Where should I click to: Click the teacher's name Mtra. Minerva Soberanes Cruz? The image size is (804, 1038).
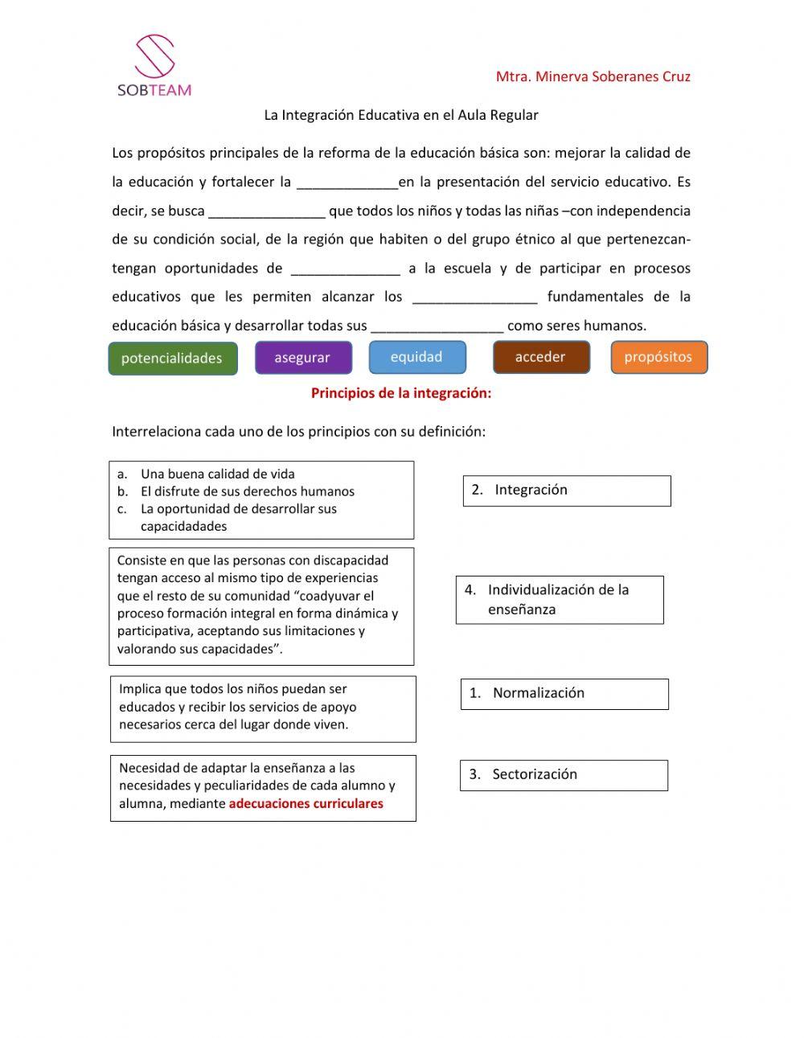point(593,77)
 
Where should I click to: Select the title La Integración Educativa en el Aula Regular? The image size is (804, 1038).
point(401,115)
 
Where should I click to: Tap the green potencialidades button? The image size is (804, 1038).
point(172,359)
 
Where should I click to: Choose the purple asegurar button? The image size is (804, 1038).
point(303,358)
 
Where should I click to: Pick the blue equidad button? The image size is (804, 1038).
point(416,357)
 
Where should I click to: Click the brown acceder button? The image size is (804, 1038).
point(540,357)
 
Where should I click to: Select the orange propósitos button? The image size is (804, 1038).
point(658,357)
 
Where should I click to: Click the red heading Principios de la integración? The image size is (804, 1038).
point(401,393)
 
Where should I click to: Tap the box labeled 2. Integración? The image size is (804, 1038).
point(566,490)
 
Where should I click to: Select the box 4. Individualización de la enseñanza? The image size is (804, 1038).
point(560,600)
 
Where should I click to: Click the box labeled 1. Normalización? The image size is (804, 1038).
point(564,694)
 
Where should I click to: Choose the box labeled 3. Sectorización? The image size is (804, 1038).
point(563,775)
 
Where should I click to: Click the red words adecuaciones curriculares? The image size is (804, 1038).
point(306,804)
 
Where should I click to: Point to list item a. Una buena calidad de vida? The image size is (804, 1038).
point(217,474)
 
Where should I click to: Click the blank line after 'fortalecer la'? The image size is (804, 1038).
point(347,183)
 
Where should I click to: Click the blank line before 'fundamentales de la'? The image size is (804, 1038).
point(474,298)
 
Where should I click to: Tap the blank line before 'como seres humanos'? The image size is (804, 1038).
point(437,327)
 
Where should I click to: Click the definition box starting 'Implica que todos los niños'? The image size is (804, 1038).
point(263,708)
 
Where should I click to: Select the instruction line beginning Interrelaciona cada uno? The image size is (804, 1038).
point(299,432)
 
